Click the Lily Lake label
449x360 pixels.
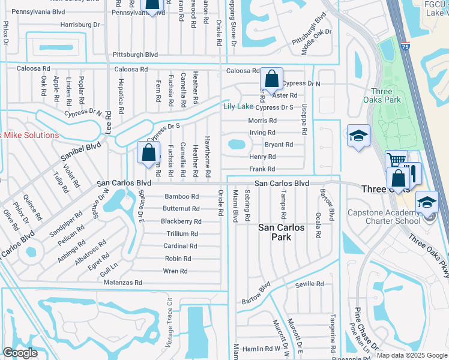tap(238, 107)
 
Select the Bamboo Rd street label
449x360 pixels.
tap(182, 197)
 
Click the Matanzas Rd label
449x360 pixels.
tap(121, 283)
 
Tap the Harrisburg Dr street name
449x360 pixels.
tap(79, 25)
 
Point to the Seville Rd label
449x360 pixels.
tap(310, 284)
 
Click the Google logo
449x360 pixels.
tap(20, 353)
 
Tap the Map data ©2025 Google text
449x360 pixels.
tap(412, 355)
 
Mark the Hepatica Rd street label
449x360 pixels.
tap(121, 93)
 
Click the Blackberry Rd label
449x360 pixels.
tap(181, 221)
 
